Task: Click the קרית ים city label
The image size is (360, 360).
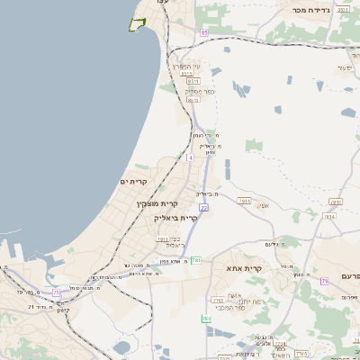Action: [x=132, y=182]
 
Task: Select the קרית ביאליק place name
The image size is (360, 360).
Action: [x=175, y=218]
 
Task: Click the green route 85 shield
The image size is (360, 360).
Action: [x=204, y=32]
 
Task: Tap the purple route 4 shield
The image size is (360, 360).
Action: [x=190, y=157]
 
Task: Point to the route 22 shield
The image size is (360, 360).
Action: [x=204, y=208]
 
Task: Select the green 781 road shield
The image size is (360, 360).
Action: [x=194, y=260]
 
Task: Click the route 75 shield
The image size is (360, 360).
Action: [x=57, y=292]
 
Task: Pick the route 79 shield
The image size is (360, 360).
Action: [x=324, y=282]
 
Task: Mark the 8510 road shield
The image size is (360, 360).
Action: [x=192, y=81]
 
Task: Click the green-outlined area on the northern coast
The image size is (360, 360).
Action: [x=138, y=23]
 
